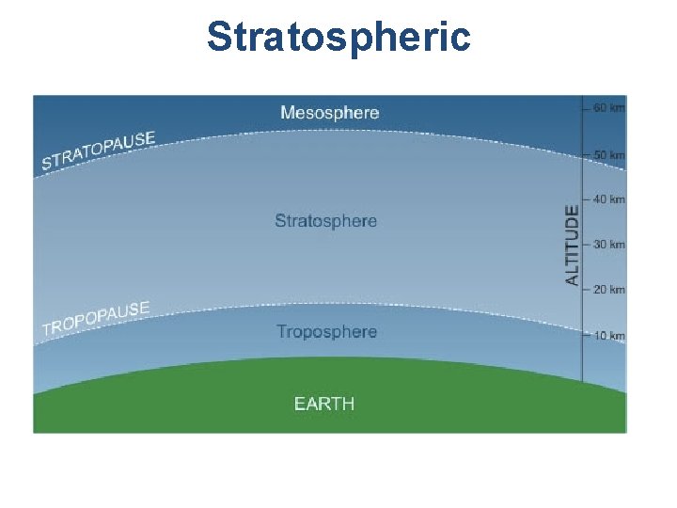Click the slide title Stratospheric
[338, 38]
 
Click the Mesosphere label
[329, 113]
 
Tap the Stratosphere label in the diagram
[325, 222]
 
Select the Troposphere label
[326, 332]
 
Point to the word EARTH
[324, 405]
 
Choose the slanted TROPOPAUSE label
[96, 318]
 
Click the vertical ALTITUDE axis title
[572, 245]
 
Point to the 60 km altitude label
[608, 108]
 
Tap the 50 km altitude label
[608, 154]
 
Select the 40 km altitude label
[608, 199]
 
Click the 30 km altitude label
[608, 245]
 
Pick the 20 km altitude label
[608, 290]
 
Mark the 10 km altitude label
[608, 336]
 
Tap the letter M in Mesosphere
[288, 113]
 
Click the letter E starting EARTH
[299, 405]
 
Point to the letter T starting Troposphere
[281, 332]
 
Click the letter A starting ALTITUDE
[572, 279]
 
